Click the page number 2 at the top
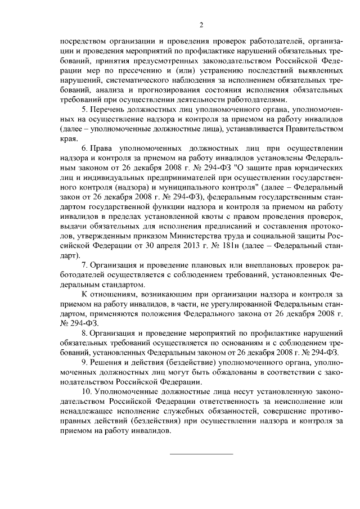tap(200, 25)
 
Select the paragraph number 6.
tap(84, 148)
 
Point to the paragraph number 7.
tap(84, 264)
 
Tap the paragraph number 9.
tap(84, 363)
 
